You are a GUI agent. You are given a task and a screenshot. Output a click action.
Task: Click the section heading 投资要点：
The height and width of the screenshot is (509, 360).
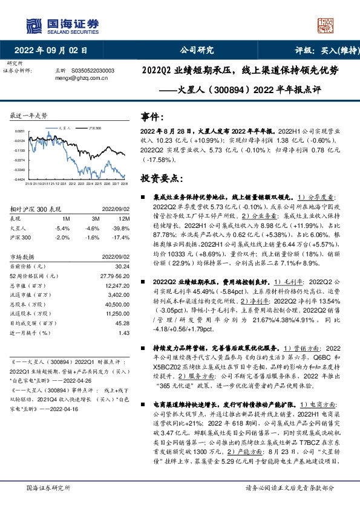(x=161, y=179)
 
